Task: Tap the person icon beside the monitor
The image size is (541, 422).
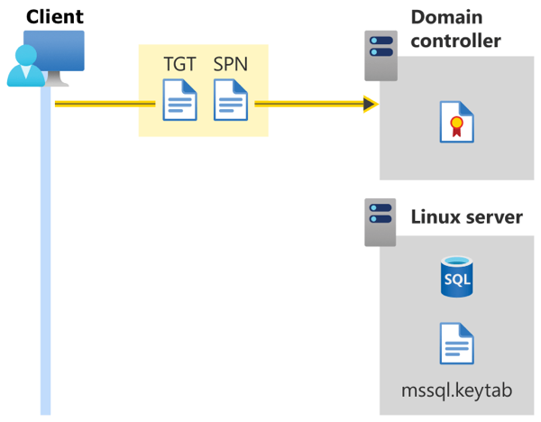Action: click(23, 66)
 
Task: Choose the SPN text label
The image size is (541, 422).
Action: click(231, 65)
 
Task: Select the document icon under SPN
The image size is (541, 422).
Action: click(231, 99)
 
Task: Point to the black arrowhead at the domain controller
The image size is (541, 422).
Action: click(370, 105)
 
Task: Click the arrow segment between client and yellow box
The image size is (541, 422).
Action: click(96, 105)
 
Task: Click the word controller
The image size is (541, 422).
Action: click(456, 41)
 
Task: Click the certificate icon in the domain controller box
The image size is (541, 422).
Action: click(455, 122)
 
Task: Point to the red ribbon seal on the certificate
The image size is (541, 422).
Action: click(457, 127)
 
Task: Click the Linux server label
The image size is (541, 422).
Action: click(465, 216)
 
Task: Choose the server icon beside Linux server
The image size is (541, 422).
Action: click(380, 223)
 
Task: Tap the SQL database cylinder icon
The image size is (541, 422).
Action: click(456, 277)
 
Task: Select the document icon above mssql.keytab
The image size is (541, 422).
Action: click(456, 344)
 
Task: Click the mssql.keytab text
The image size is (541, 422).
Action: click(456, 390)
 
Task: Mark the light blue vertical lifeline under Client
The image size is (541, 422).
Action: click(44, 271)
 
